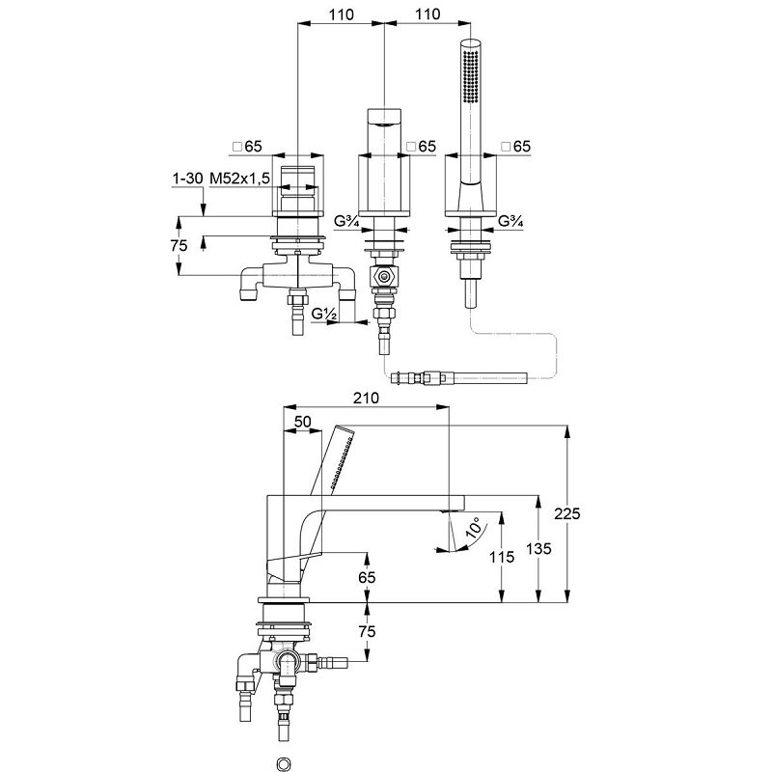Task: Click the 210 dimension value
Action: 367,398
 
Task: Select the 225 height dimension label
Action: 567,513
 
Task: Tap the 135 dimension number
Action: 538,548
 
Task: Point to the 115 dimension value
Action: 502,557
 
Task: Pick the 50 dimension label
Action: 303,422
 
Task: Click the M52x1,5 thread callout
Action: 239,179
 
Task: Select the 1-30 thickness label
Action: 187,179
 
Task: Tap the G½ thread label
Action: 324,313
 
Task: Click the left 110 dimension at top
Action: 342,14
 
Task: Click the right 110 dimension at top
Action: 427,14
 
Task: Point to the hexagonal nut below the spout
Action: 384,276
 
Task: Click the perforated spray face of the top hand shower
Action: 471,76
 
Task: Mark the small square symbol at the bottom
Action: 284,764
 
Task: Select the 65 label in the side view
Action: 367,577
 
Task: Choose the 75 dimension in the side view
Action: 367,631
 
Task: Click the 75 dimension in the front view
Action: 179,245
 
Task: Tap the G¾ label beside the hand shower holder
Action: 510,221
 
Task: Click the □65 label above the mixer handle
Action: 248,147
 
